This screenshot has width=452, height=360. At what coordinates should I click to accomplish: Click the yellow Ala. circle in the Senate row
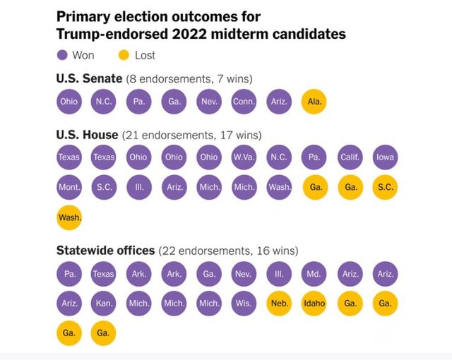[x=314, y=101]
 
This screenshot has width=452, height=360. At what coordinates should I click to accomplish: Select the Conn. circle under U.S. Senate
[x=244, y=101]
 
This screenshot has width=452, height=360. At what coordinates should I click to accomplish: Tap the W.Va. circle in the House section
[x=244, y=157]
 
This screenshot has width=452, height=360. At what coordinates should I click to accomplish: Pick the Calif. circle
[x=350, y=157]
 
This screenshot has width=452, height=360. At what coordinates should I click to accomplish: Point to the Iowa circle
[x=385, y=157]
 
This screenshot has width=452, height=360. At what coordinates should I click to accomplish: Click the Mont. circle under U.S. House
[x=69, y=188]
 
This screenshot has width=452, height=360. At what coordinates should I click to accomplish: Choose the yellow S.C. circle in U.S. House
[x=385, y=188]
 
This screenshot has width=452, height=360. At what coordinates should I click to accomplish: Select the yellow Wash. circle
[x=69, y=217]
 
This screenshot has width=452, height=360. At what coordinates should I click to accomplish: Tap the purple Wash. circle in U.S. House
[x=279, y=188]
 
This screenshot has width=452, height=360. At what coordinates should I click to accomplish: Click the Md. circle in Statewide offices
[x=314, y=272]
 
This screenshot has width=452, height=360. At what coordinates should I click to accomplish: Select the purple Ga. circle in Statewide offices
[x=209, y=272]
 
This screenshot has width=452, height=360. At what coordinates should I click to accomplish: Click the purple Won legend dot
[x=62, y=55]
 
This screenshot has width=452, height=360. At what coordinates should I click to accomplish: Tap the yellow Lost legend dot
[x=124, y=55]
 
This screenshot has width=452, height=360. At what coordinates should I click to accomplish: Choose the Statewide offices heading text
[x=105, y=250]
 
